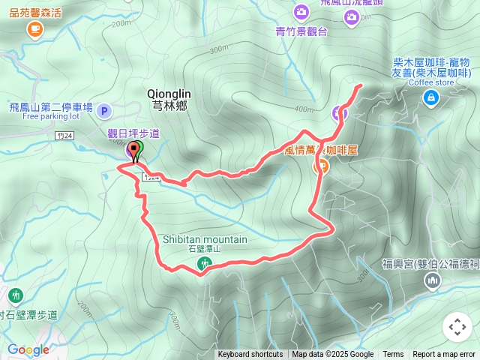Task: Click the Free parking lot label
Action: pyautogui.click(x=50, y=117)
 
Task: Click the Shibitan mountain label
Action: pyautogui.click(x=205, y=239)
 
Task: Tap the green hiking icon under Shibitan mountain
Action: pyautogui.click(x=204, y=263)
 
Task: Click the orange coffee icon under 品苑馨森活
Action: pyautogui.click(x=34, y=29)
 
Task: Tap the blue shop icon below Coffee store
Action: pyautogui.click(x=430, y=97)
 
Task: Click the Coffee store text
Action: pyautogui.click(x=431, y=82)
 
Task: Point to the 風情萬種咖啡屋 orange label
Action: pyautogui.click(x=321, y=150)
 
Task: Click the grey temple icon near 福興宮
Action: pyautogui.click(x=431, y=281)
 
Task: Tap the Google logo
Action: pyautogui.click(x=28, y=350)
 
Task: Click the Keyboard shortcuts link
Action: pyautogui.click(x=250, y=355)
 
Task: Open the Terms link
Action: pyautogui.click(x=393, y=355)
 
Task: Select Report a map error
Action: pyautogui.click(x=444, y=355)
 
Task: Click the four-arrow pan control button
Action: pyautogui.click(x=457, y=327)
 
